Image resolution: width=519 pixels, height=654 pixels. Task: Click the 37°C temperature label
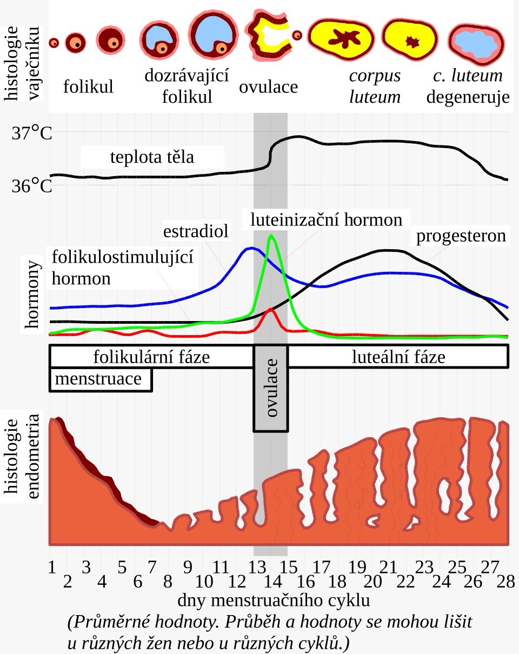click(x=32, y=133)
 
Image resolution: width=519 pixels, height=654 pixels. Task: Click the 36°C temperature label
click(x=32, y=186)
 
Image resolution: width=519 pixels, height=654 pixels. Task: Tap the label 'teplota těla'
click(x=152, y=157)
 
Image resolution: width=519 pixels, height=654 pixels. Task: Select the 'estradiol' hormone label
click(x=196, y=231)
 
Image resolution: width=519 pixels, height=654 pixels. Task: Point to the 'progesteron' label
click(x=461, y=236)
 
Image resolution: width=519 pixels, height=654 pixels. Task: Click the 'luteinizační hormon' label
click(x=326, y=219)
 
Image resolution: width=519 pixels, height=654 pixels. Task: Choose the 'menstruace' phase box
click(x=101, y=379)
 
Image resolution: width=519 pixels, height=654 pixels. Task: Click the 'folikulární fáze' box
click(x=151, y=357)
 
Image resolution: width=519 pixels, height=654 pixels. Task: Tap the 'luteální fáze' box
click(x=398, y=357)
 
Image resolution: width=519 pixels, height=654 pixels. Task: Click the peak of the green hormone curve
click(x=271, y=236)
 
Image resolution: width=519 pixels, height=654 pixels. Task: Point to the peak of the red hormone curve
click(x=270, y=310)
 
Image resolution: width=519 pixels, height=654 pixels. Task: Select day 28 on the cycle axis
click(x=505, y=582)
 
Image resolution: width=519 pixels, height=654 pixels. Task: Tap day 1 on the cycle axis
click(x=52, y=567)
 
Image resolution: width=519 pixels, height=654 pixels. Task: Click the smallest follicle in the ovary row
click(x=54, y=43)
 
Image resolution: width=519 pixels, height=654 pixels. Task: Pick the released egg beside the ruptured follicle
click(x=297, y=35)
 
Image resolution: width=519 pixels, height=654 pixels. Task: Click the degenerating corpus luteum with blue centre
click(x=476, y=45)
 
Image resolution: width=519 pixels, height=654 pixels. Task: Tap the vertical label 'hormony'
click(x=32, y=294)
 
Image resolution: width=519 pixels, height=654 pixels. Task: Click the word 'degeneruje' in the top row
click(x=468, y=97)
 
